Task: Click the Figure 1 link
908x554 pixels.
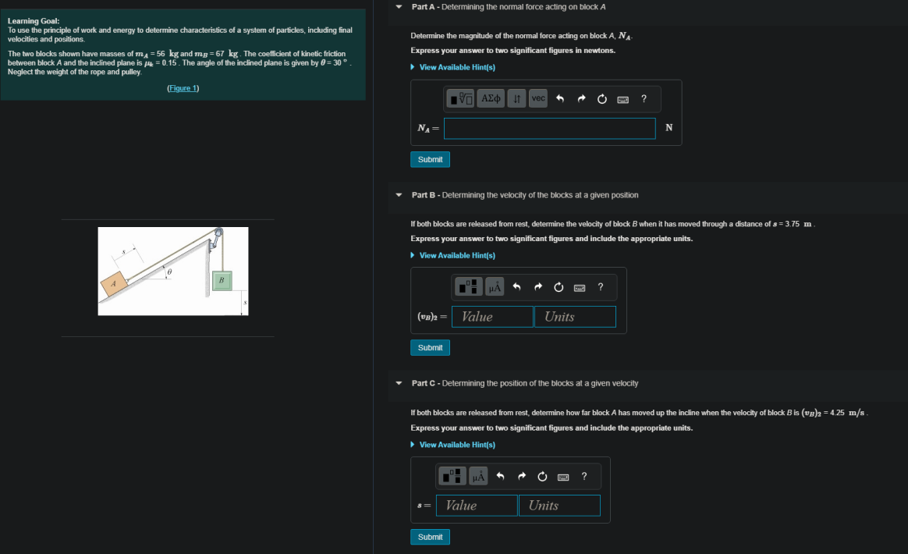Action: tap(183, 88)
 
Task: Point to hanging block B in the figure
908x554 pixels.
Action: tap(222, 280)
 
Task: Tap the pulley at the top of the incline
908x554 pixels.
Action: tap(218, 233)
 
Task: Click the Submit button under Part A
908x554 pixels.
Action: tap(430, 159)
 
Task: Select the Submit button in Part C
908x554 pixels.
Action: tap(430, 537)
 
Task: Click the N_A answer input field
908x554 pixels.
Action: tap(549, 128)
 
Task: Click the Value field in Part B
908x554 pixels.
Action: tap(492, 317)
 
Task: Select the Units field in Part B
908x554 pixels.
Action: tap(575, 317)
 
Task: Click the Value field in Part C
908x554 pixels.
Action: tap(477, 506)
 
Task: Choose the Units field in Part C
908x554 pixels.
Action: tap(559, 506)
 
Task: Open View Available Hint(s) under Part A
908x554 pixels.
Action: tap(456, 67)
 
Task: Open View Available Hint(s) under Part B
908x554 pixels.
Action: tap(456, 256)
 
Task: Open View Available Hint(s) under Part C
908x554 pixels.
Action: tap(456, 445)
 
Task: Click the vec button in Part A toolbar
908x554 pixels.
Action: tap(538, 98)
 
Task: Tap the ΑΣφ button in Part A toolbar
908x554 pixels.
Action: tap(491, 98)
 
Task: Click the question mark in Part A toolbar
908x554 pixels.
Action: tap(643, 98)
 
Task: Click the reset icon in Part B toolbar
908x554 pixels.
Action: tap(559, 287)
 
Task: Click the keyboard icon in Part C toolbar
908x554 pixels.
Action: tap(563, 476)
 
